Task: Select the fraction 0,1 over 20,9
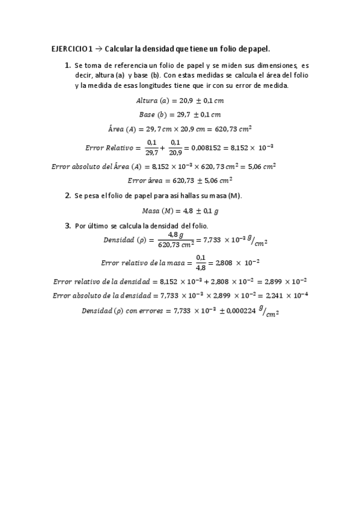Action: [175, 146]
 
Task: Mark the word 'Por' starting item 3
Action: [81, 226]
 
